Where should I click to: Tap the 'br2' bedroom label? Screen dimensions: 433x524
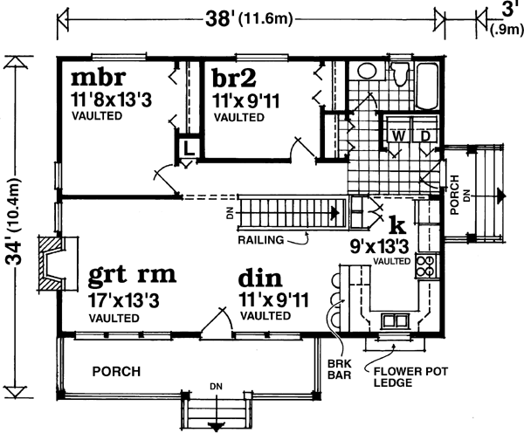pyautogui.click(x=235, y=78)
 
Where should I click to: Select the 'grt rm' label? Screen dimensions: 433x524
pyautogui.click(x=132, y=277)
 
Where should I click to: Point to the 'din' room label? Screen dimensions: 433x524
pyautogui.click(x=260, y=279)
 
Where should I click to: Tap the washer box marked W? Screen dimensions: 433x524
pyautogui.click(x=398, y=135)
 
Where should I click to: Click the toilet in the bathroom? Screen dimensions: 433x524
pyautogui.click(x=399, y=81)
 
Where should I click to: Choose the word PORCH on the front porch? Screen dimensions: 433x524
pyautogui.click(x=117, y=372)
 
